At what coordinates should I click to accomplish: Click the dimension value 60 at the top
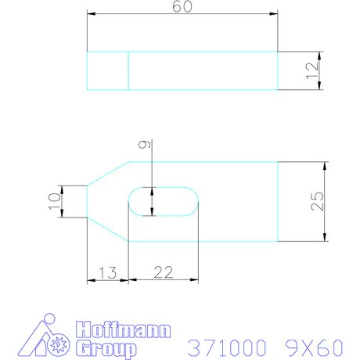[x=182, y=7]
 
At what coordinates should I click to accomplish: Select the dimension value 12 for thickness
[x=312, y=70]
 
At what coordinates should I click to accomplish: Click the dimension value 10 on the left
[x=53, y=200]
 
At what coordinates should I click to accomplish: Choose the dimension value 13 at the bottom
[x=106, y=272]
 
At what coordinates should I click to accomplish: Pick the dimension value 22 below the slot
[x=163, y=272]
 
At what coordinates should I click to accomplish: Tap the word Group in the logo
[x=106, y=347]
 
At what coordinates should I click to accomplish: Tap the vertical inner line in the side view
[x=128, y=70]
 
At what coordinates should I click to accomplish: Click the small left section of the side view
[x=107, y=70]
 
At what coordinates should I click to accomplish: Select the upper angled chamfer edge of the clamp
[x=107, y=173]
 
